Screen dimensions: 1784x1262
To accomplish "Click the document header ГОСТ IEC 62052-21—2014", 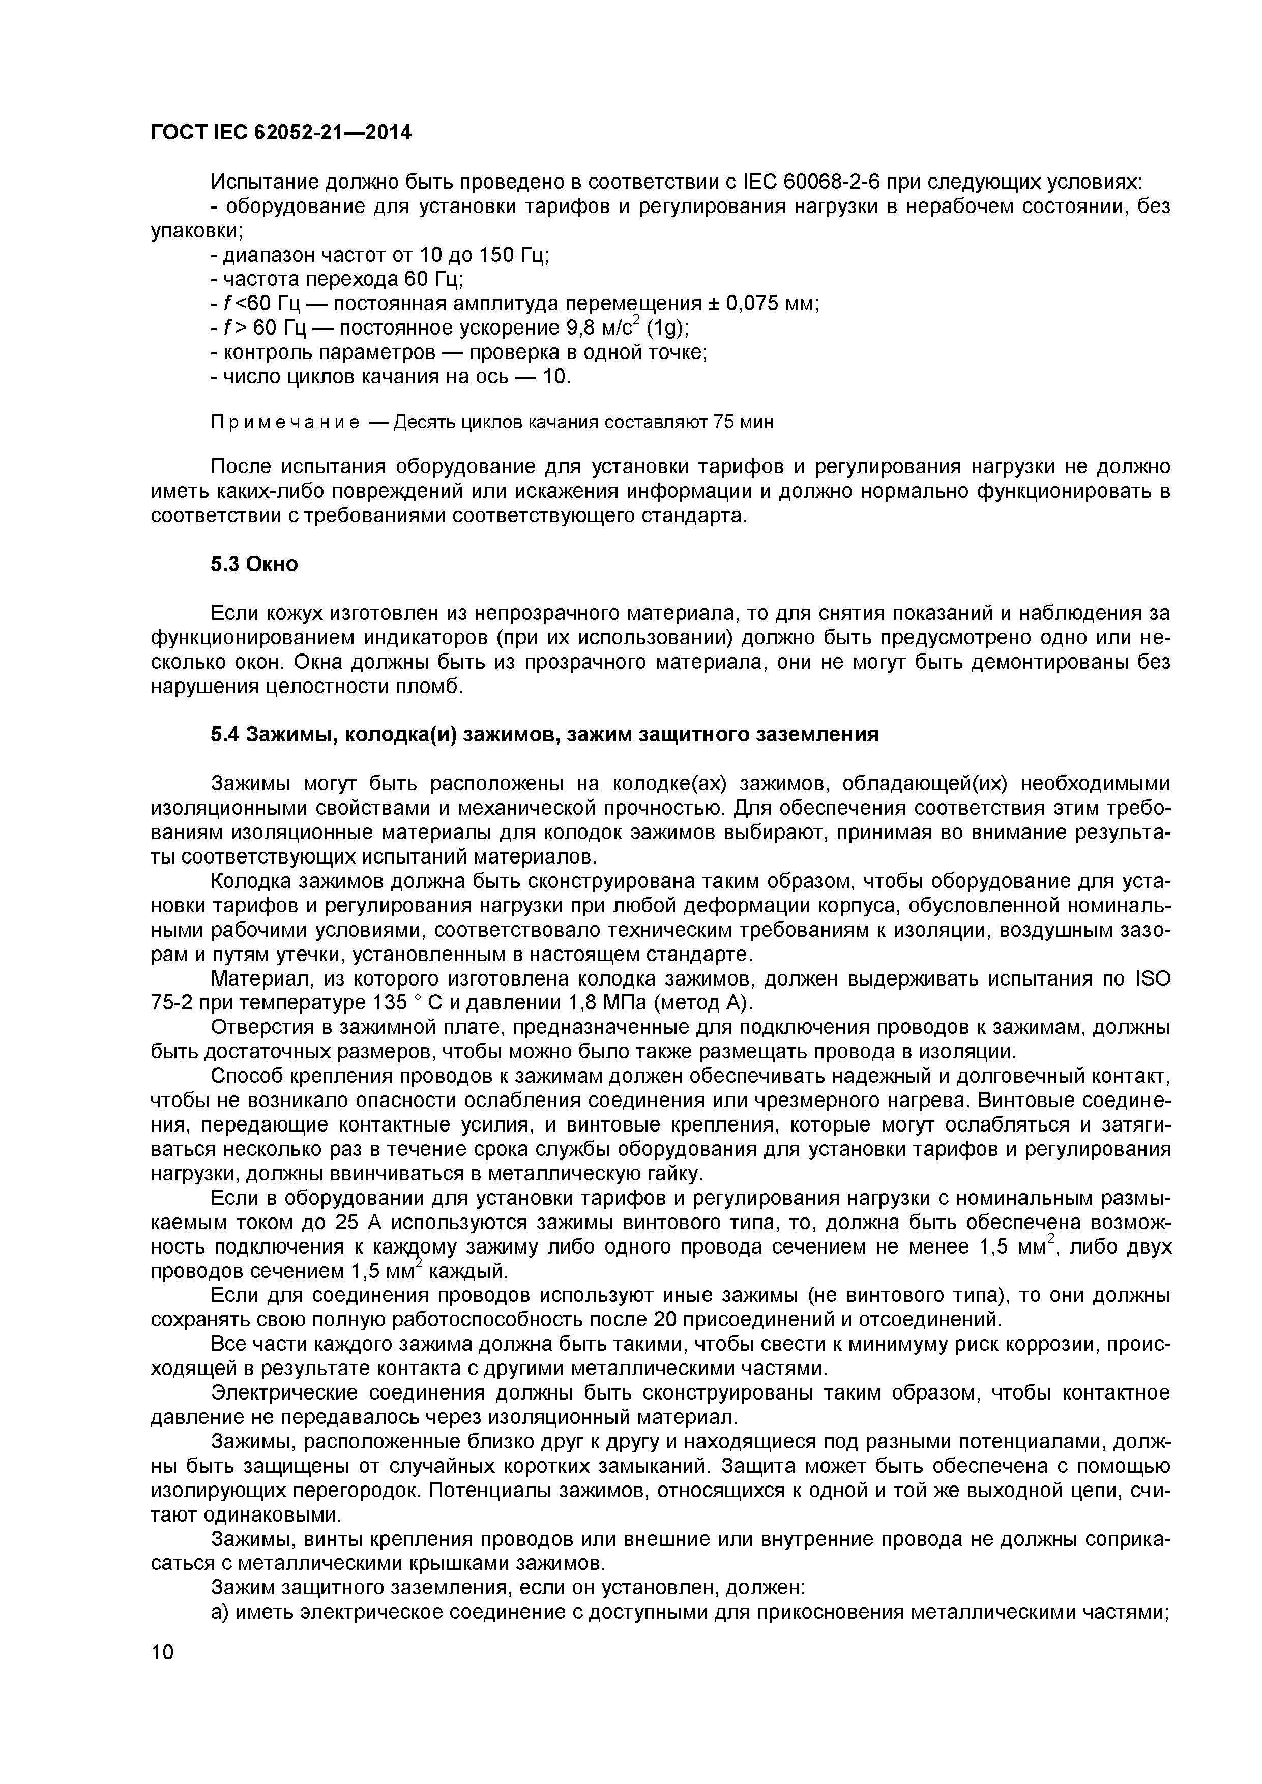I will click(281, 133).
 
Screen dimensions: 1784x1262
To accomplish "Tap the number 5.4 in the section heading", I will click(225, 734).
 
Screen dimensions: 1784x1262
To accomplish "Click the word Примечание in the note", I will click(285, 423).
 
